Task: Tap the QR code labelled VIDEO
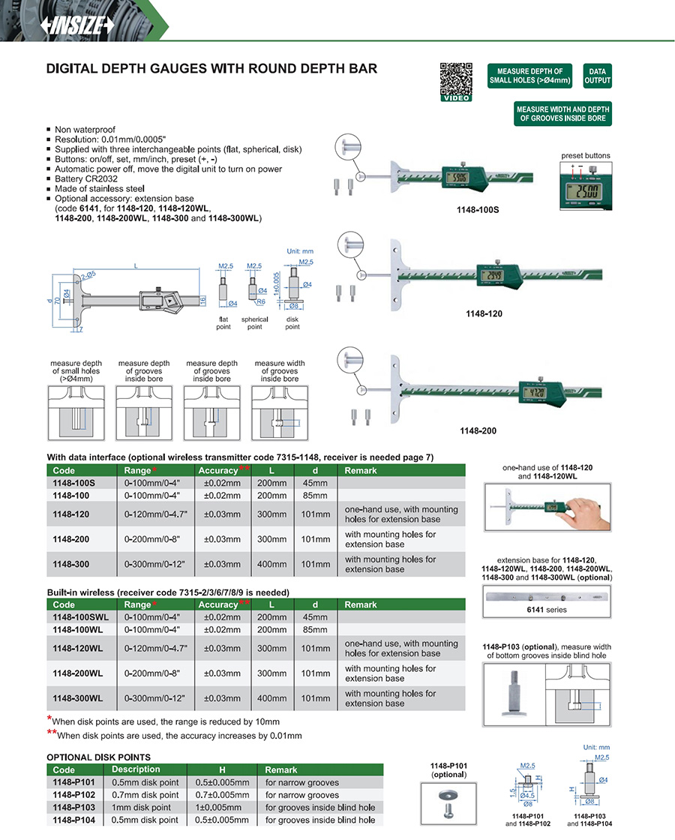(455, 80)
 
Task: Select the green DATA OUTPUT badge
(597, 76)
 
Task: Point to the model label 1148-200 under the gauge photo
(478, 431)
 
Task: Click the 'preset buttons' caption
(586, 155)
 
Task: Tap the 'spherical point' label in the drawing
(255, 322)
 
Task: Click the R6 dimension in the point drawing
(261, 301)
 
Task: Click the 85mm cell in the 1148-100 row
(315, 495)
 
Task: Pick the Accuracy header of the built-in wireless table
(218, 604)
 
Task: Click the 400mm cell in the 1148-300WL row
(271, 698)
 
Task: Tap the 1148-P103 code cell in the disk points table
(74, 808)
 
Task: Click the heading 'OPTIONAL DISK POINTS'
(98, 757)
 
